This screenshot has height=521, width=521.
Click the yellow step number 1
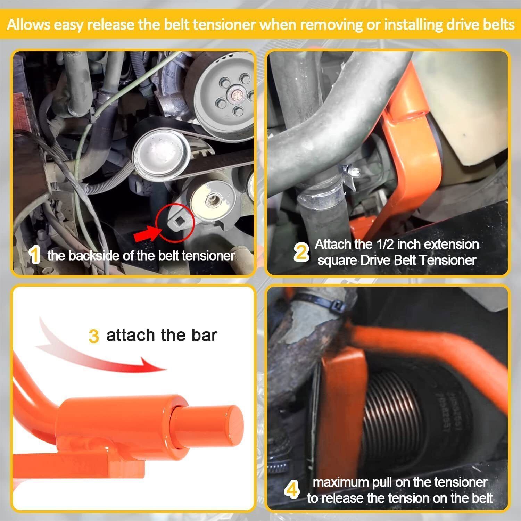pyautogui.click(x=35, y=255)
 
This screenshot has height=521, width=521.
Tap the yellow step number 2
pyautogui.click(x=301, y=252)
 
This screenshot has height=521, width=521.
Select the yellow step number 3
pyautogui.click(x=93, y=337)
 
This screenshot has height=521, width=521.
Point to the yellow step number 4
pyautogui.click(x=292, y=490)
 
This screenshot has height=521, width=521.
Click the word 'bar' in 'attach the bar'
pyautogui.click(x=204, y=335)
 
